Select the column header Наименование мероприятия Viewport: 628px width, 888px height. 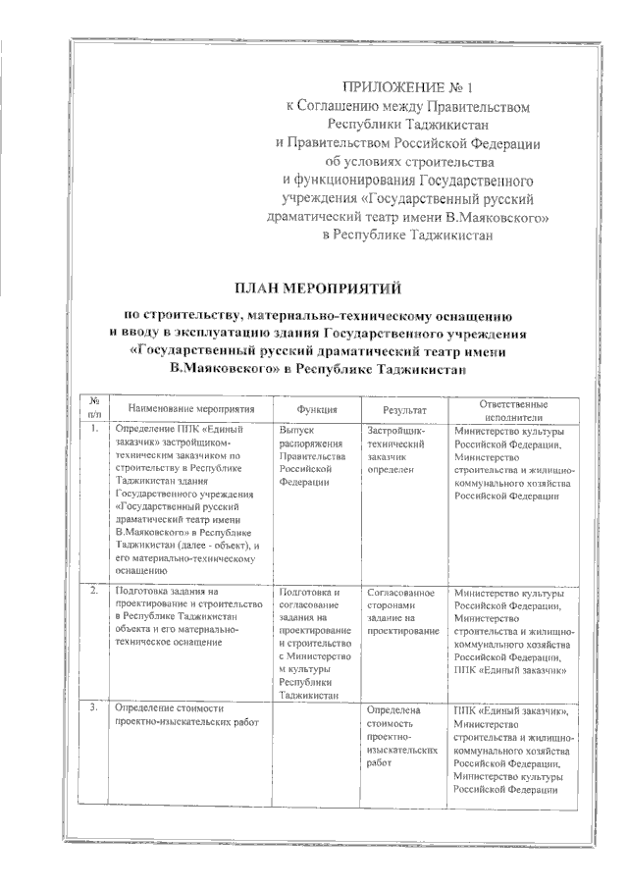(184, 409)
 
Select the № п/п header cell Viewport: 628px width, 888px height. (94, 409)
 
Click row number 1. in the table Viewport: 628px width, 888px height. (92, 430)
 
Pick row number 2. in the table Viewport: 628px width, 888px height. (92, 593)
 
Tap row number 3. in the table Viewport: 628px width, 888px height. (92, 707)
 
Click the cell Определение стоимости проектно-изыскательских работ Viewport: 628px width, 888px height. (177, 715)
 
